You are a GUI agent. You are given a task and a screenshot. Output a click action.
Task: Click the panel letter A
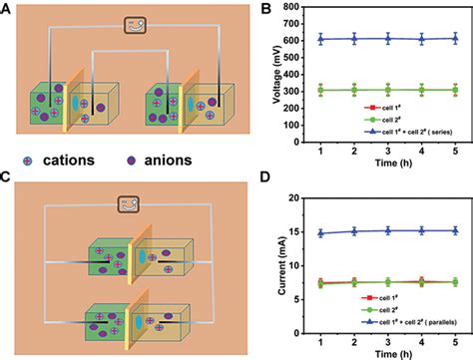pyautogui.click(x=7, y=8)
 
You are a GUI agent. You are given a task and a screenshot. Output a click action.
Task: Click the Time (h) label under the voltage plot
pyautogui.click(x=385, y=172)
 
